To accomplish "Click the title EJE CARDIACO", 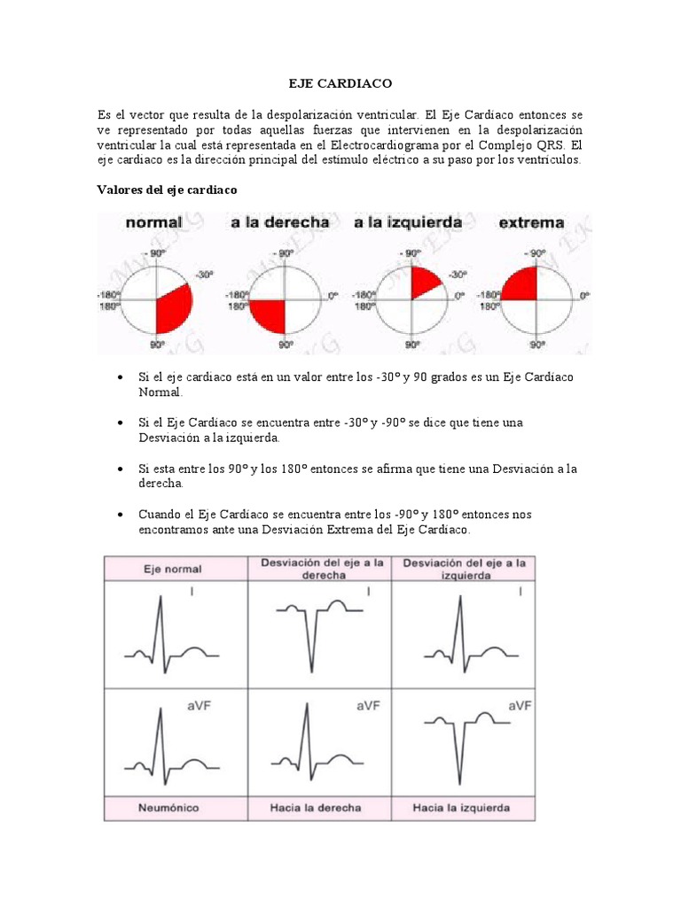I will [340, 83].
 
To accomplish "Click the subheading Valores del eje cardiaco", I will [166, 190].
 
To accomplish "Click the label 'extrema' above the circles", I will [531, 223].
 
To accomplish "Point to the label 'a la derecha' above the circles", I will [279, 223].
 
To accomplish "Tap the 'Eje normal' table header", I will [174, 570].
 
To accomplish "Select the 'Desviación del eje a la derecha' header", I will [322, 569].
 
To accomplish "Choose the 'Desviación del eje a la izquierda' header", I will [465, 569].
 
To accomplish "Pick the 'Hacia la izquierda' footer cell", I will [465, 807].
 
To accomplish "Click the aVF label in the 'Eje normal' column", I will [199, 705].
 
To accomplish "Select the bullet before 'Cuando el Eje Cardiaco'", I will [120, 515].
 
